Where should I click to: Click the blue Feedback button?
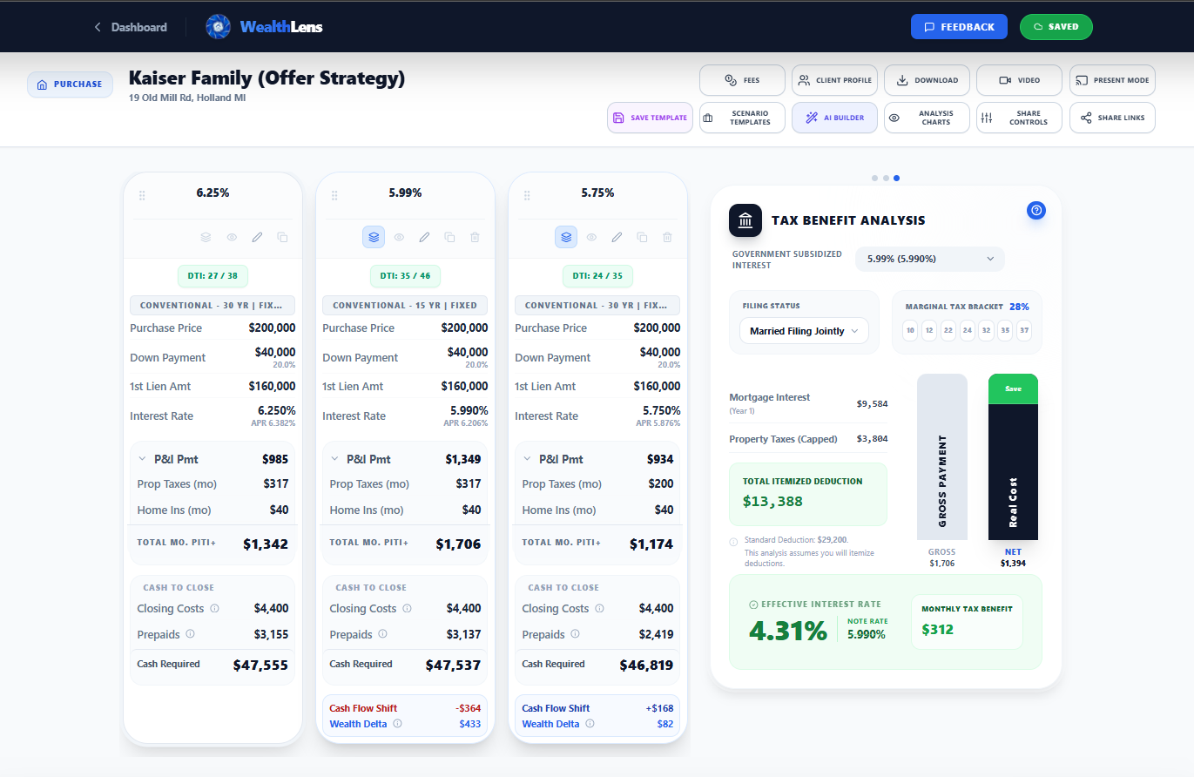[x=958, y=27]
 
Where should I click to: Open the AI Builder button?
[x=834, y=118]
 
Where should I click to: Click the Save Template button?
[x=650, y=118]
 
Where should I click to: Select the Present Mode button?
[x=1112, y=80]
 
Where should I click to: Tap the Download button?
[x=927, y=80]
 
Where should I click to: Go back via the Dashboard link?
[x=131, y=27]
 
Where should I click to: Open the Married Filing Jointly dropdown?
[x=804, y=331]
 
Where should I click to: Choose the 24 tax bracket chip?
[x=967, y=330]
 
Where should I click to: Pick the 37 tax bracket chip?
[x=1024, y=330]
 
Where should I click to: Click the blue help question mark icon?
[x=1035, y=210]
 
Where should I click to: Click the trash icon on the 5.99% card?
[x=475, y=237]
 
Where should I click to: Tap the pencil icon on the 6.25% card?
[x=257, y=237]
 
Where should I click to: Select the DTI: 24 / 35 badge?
[x=597, y=276]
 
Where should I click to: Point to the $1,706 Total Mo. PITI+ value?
[x=458, y=544]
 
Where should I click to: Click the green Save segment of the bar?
[x=1013, y=388]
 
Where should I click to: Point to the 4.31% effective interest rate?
[x=788, y=631]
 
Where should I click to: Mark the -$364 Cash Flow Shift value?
[x=468, y=708]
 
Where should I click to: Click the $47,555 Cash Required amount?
[x=260, y=665]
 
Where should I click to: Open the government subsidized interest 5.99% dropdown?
[x=929, y=259]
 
